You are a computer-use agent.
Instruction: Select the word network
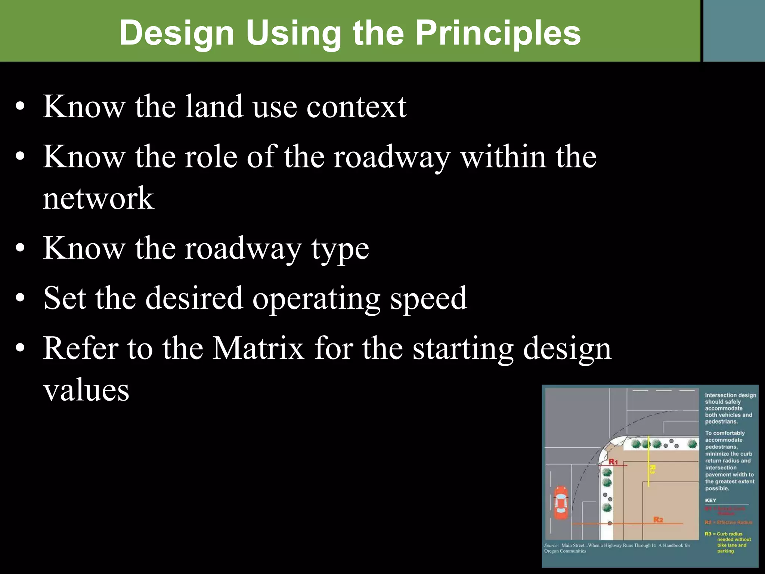(98, 198)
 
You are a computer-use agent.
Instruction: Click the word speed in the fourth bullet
(428, 299)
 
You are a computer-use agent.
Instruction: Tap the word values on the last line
(86, 391)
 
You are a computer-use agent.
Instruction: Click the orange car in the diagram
(560, 503)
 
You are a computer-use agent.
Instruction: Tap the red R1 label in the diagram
(613, 462)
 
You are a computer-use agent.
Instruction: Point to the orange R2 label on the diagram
(658, 520)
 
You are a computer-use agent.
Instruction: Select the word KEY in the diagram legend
(710, 500)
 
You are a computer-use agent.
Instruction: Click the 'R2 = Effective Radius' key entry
(728, 522)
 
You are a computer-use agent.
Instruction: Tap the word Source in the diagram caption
(551, 546)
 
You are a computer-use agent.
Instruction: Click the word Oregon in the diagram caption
(552, 551)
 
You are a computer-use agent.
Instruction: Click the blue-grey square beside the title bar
(734, 31)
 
